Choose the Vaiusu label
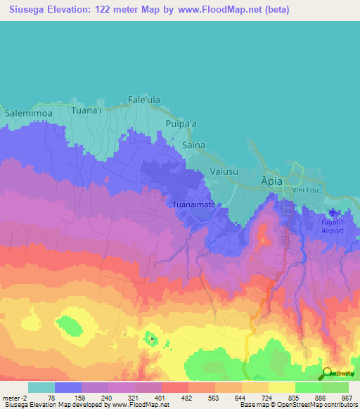click(226, 171)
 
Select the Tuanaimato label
click(193, 204)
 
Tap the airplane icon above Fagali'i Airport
click(333, 213)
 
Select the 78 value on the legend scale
click(51, 398)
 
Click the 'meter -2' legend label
click(15, 398)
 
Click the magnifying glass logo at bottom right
click(328, 375)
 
